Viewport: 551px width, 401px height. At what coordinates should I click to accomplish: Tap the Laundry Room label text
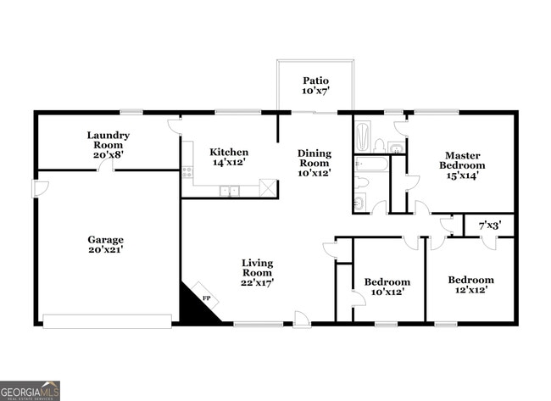[x=109, y=145]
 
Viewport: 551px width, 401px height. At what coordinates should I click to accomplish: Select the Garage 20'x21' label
[x=106, y=245]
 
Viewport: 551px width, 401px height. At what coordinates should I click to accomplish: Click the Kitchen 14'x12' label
[x=229, y=157]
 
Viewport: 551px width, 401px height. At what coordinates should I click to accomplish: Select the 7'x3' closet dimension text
[x=489, y=226]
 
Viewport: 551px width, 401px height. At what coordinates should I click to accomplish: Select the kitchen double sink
[x=230, y=192]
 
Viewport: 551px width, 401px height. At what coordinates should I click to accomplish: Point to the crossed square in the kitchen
[x=268, y=187]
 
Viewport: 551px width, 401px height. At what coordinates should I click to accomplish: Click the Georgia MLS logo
[x=31, y=390]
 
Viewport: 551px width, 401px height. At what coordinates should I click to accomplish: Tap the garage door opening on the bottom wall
[x=108, y=321]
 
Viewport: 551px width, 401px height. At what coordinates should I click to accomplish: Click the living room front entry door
[x=301, y=319]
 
